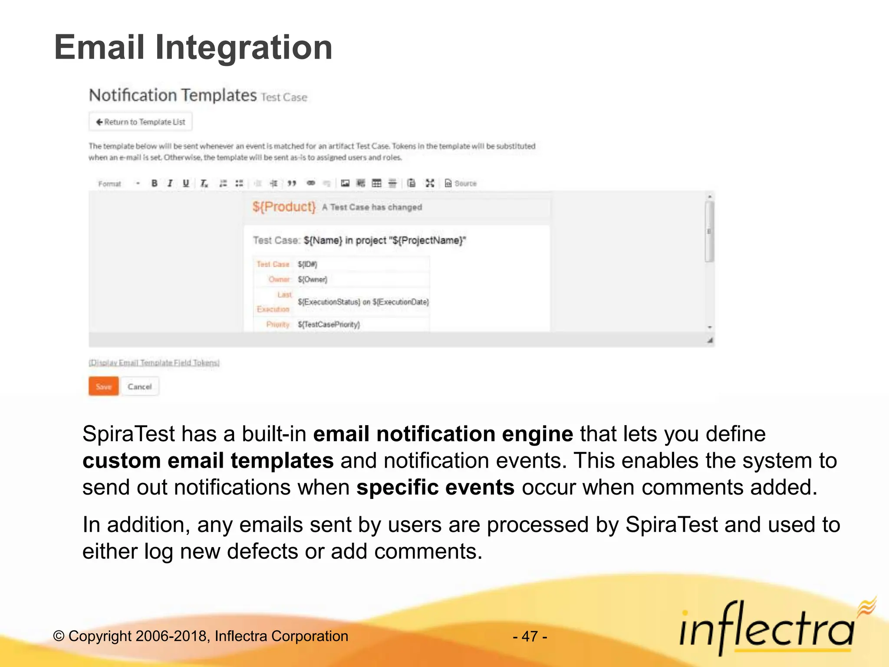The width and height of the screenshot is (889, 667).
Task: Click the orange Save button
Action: (x=103, y=386)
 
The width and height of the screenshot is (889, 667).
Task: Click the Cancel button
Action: (x=139, y=386)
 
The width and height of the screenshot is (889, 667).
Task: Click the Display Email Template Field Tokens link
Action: (x=154, y=363)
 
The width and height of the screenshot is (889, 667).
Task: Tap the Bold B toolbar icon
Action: (x=154, y=183)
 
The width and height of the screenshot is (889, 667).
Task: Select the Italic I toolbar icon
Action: (x=170, y=183)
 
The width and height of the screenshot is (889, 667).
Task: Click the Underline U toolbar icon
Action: (x=186, y=183)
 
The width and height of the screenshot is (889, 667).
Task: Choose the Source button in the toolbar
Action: (x=461, y=183)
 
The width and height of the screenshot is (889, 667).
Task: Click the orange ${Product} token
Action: (x=284, y=207)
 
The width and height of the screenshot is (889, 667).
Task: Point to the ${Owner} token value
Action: (x=313, y=279)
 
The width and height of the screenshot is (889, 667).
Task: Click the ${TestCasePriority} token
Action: (x=329, y=324)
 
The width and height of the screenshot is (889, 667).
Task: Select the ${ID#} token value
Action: (x=307, y=264)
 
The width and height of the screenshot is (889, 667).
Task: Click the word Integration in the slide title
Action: (x=244, y=47)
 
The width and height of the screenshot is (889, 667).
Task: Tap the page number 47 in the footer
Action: (x=530, y=637)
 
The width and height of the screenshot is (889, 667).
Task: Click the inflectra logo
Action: (x=767, y=629)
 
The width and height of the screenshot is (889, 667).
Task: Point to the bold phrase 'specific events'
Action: (x=435, y=487)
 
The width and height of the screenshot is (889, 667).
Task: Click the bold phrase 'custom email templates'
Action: (x=208, y=460)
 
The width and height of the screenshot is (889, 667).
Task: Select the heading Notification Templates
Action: (x=173, y=95)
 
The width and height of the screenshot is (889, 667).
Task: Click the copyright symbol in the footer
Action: (x=59, y=637)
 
